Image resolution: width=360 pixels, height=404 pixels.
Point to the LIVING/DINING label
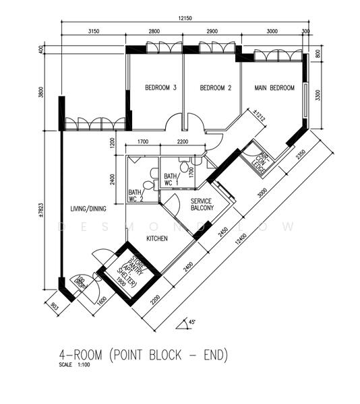[90, 208]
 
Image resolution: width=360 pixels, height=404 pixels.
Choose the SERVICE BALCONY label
[202, 205]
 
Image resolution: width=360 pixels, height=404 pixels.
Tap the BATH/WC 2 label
[136, 195]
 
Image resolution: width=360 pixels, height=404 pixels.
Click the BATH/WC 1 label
[171, 179]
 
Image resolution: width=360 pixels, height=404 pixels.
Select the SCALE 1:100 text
[76, 366]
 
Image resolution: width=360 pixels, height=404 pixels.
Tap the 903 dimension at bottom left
[53, 307]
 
